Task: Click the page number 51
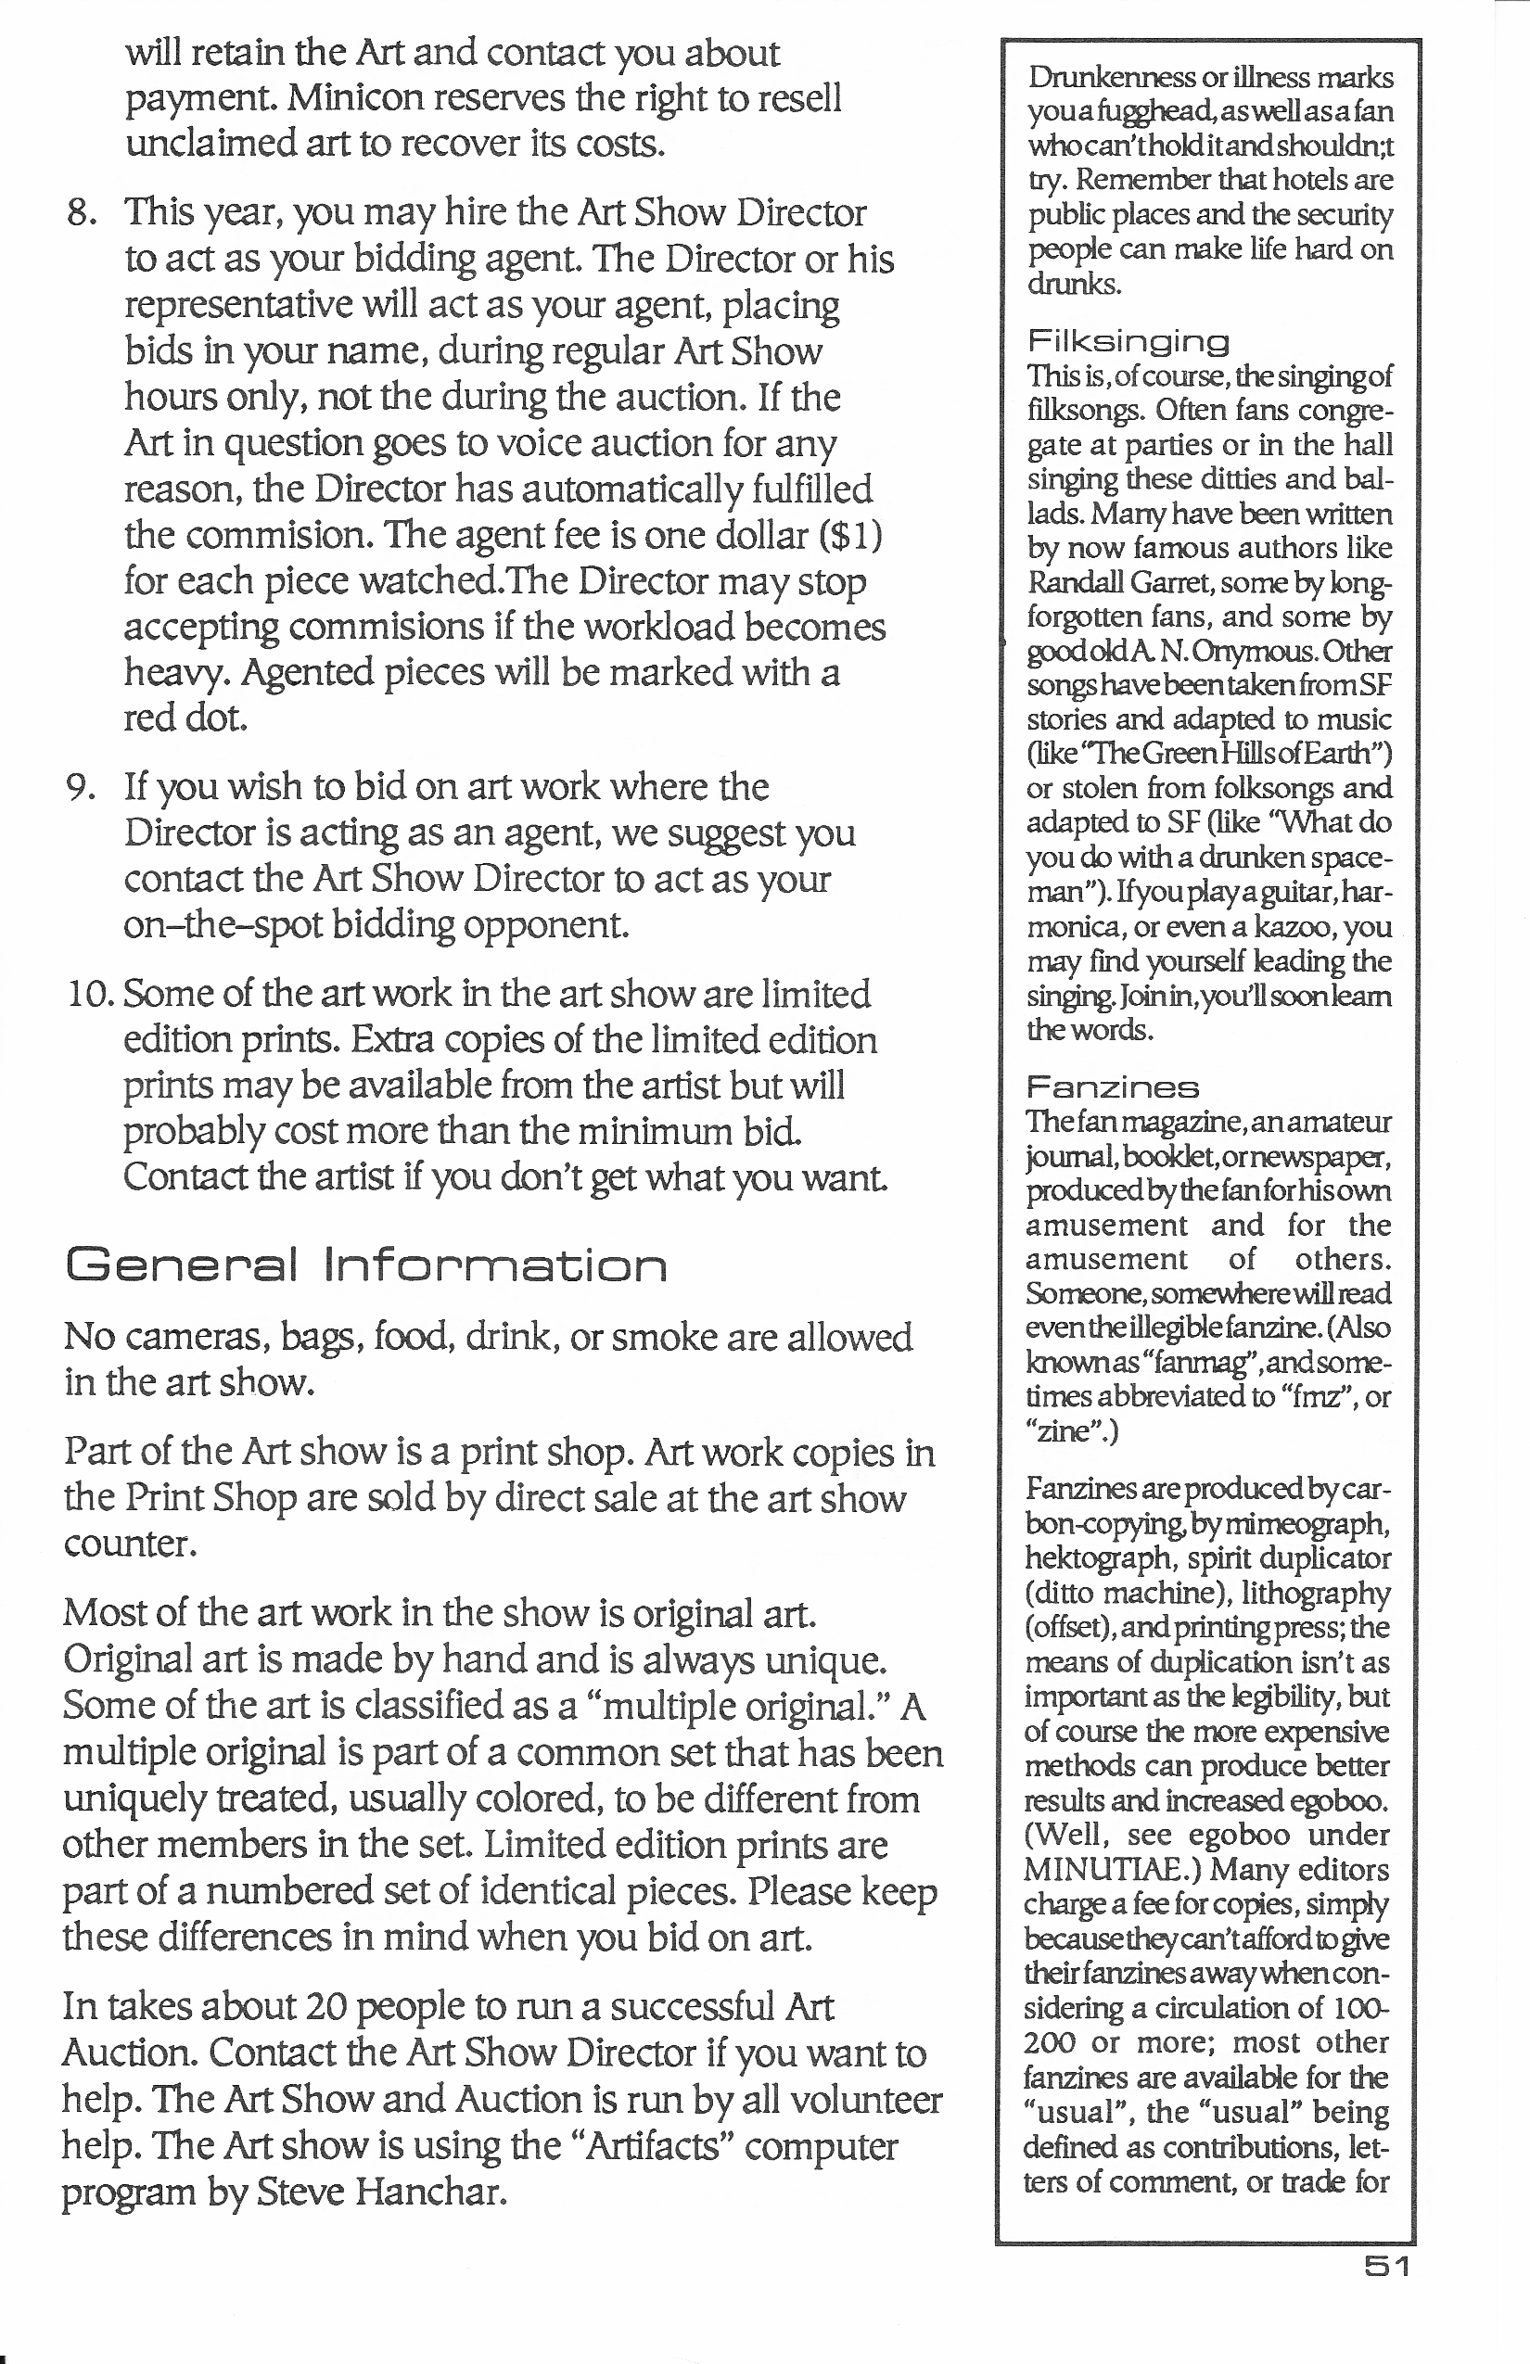coord(1386,2267)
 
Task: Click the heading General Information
coord(365,1265)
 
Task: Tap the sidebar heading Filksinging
coord(1128,343)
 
